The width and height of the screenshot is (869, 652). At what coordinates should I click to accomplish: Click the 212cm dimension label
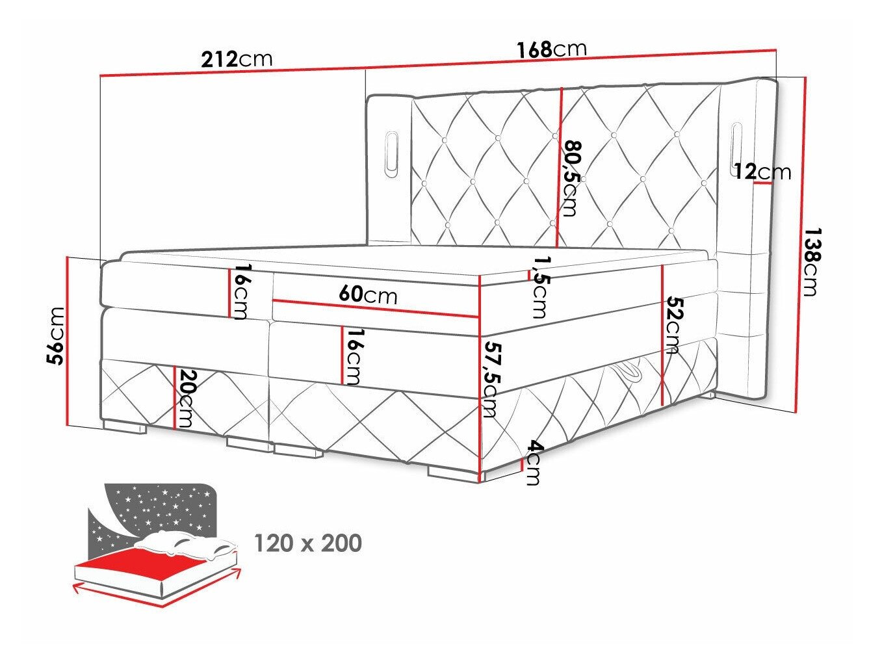(237, 59)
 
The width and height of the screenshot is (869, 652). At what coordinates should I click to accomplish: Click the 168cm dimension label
(551, 49)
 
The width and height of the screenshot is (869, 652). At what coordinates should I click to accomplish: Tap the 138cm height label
(810, 261)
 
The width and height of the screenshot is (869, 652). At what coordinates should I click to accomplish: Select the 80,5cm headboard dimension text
(571, 177)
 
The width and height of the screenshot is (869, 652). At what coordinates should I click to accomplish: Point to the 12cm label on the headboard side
(762, 172)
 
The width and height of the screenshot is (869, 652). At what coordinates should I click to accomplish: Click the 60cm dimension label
(367, 295)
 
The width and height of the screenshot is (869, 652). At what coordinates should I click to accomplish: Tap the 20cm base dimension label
(187, 398)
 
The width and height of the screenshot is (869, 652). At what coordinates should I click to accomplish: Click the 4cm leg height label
(534, 463)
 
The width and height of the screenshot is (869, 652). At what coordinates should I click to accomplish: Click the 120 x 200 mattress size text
(307, 543)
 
